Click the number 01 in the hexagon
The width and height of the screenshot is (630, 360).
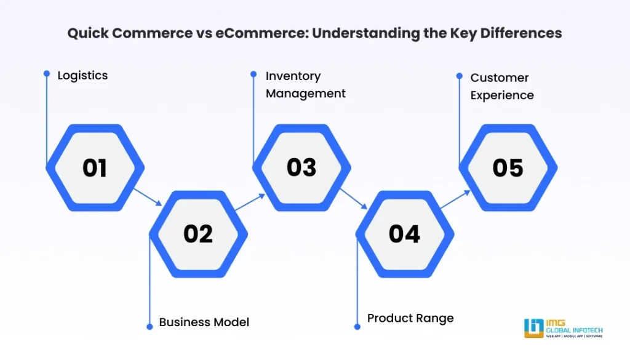click(x=95, y=168)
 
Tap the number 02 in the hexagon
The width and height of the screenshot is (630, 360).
click(x=198, y=234)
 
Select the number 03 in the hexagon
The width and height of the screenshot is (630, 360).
click(x=301, y=167)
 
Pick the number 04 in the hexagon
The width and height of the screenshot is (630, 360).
click(x=404, y=234)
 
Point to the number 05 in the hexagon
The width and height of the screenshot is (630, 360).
click(x=508, y=168)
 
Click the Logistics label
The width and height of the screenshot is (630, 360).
click(x=82, y=76)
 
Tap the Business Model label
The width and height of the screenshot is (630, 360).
click(x=204, y=322)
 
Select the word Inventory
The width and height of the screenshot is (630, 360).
click(x=293, y=76)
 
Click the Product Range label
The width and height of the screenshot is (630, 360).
click(x=410, y=318)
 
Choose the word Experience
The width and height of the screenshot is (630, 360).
click(x=502, y=95)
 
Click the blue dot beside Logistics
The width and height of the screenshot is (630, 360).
click(x=47, y=73)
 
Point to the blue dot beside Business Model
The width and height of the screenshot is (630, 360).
click(x=150, y=326)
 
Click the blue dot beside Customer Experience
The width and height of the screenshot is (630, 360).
click(x=459, y=76)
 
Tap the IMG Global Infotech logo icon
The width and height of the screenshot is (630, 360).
click(x=533, y=328)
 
